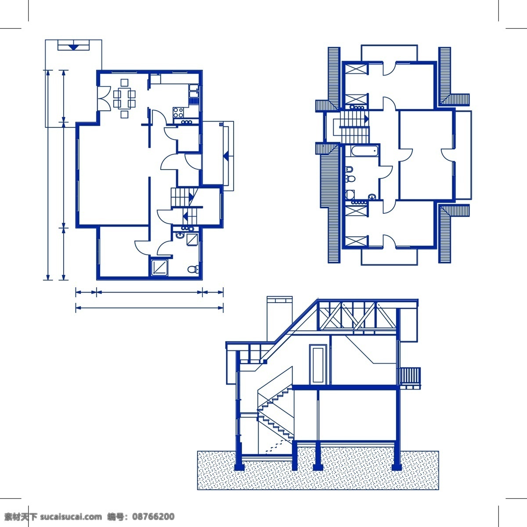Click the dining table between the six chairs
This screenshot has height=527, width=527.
click(x=124, y=98)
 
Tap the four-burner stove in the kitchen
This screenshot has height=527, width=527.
click(x=178, y=112)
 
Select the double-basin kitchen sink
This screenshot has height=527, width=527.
click(x=195, y=91)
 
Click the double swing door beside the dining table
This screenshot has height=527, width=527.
click(x=104, y=98)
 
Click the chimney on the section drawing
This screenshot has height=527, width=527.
click(x=279, y=318)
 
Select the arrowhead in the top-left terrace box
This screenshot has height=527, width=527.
click(x=73, y=47)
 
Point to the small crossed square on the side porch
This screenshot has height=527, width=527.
click(x=221, y=124)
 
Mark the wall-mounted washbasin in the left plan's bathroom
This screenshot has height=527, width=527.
click(x=180, y=235)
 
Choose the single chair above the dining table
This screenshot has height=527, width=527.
click(x=124, y=83)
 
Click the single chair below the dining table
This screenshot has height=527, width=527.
click(x=124, y=114)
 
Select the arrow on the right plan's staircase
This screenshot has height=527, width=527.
click(x=366, y=119)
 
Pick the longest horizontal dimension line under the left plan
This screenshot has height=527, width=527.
click(x=149, y=308)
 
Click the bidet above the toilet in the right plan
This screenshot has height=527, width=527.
click(x=350, y=169)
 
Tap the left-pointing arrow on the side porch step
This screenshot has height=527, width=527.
click(x=226, y=156)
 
